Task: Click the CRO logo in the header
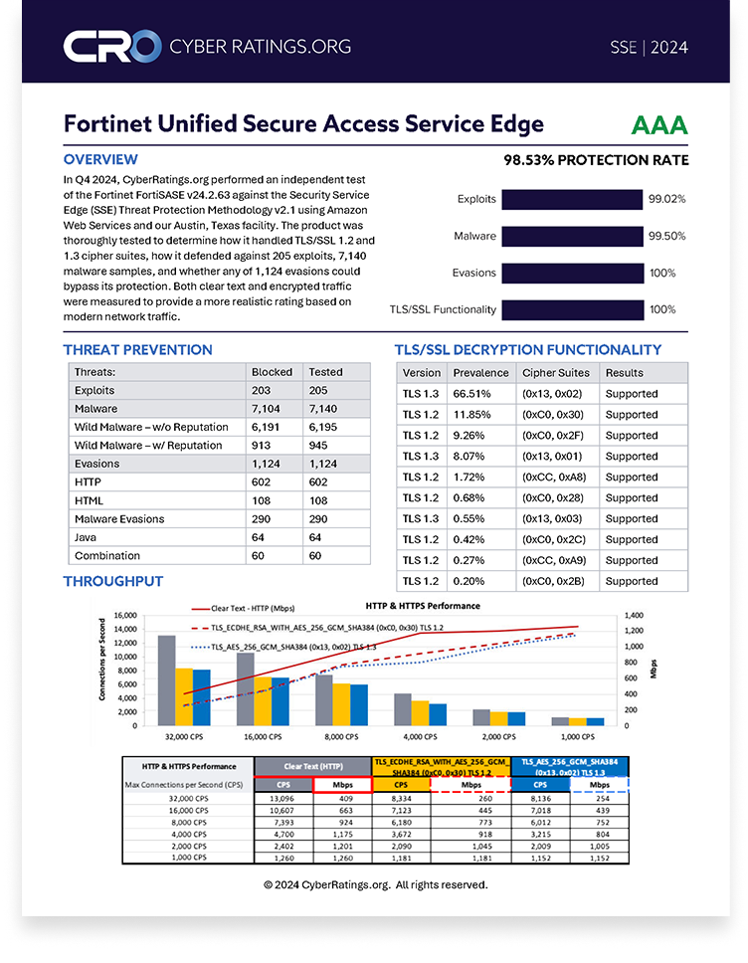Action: (111, 46)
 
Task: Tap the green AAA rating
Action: (658, 125)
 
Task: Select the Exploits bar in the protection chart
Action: (572, 199)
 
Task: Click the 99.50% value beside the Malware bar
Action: (666, 236)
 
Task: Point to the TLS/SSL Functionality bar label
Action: (443, 309)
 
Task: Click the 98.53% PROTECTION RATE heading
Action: (595, 160)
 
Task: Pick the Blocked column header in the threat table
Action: (272, 372)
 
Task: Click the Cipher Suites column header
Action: (555, 373)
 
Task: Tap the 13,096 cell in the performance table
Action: (283, 797)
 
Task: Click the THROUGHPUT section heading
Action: (113, 582)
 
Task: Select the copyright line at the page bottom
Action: (375, 884)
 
